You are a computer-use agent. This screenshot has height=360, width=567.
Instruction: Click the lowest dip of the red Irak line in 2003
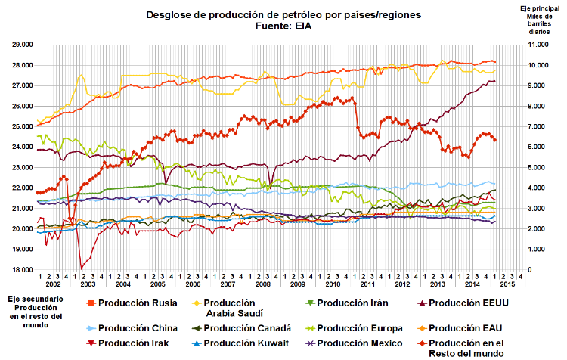click(x=81, y=268)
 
